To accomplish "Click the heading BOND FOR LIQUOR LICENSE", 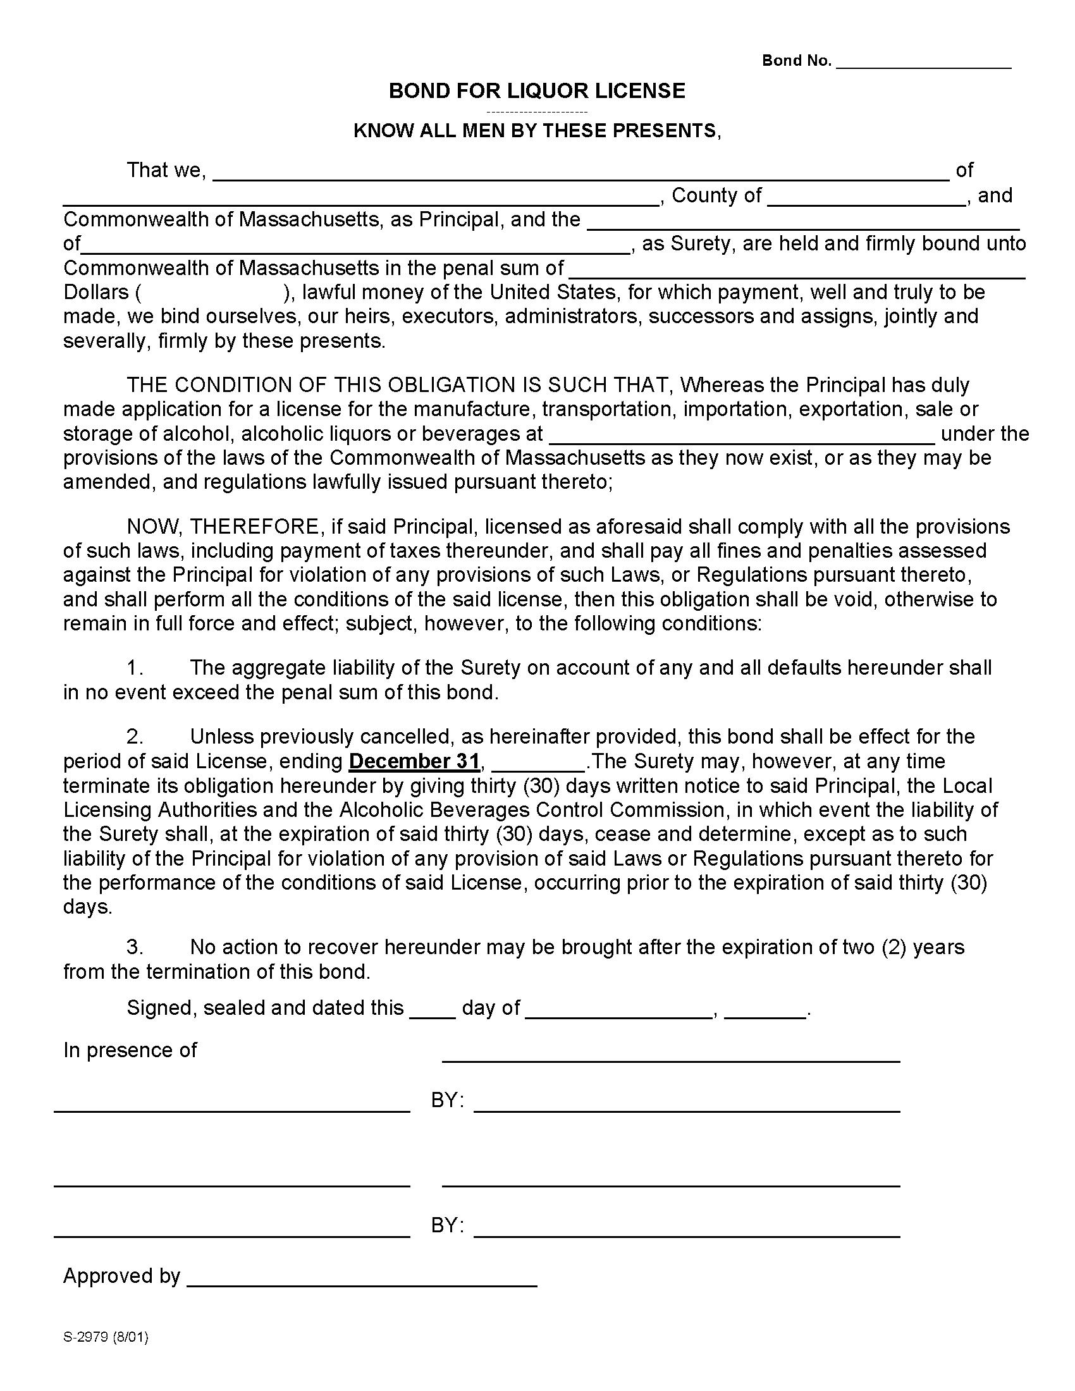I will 537,91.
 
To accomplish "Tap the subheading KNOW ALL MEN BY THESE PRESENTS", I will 536,131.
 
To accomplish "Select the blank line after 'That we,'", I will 580,176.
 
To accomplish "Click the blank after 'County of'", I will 866,201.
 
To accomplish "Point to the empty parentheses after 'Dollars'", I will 212,292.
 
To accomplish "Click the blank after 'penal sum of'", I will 796,274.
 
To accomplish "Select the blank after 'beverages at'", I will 741,439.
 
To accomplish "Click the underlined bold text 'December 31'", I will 414,761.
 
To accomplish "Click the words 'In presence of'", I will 130,1050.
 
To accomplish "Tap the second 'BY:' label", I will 447,1225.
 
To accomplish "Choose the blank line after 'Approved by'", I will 362,1282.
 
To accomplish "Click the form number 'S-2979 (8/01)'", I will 106,1337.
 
